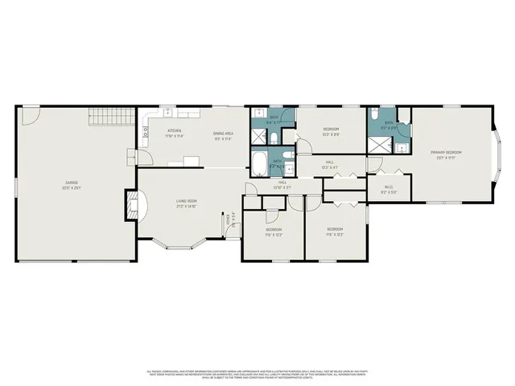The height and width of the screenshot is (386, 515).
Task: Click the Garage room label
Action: [x=72, y=183]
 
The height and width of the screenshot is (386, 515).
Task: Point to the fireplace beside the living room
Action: [x=130, y=205]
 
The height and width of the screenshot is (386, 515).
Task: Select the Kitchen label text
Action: [x=174, y=130]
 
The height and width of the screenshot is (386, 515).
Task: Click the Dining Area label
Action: [x=223, y=133]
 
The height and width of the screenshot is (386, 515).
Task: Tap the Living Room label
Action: [x=187, y=201]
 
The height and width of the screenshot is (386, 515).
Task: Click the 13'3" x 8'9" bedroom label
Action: [x=331, y=130]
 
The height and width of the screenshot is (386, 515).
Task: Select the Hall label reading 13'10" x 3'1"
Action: [x=282, y=183]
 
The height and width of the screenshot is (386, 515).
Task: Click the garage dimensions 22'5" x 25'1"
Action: [x=72, y=188]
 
